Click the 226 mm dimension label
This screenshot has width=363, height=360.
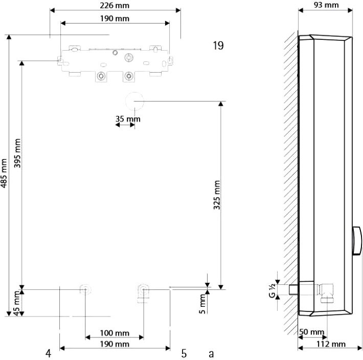pyautogui.click(x=115, y=6)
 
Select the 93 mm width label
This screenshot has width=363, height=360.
pyautogui.click(x=326, y=5)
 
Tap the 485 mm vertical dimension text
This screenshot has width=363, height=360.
pyautogui.click(x=4, y=173)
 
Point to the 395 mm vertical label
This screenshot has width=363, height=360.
pyautogui.click(x=17, y=153)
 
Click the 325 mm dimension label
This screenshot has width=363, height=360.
pyautogui.click(x=217, y=195)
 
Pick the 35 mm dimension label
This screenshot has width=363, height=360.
pyautogui.click(x=128, y=119)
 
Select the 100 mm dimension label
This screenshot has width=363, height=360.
pyautogui.click(x=115, y=333)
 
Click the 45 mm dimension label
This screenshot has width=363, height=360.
pyautogui.click(x=16, y=303)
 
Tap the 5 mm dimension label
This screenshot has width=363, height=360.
pyautogui.click(x=202, y=304)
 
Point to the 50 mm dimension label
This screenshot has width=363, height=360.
pyautogui.click(x=311, y=332)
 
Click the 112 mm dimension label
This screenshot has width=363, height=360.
pyautogui.click(x=331, y=344)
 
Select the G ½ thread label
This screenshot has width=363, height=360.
pyautogui.click(x=273, y=290)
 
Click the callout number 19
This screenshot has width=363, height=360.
pyautogui.click(x=218, y=46)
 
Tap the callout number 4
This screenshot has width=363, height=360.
pyautogui.click(x=48, y=353)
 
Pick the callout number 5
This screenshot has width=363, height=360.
pyautogui.click(x=184, y=353)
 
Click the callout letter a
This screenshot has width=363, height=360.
pyautogui.click(x=211, y=354)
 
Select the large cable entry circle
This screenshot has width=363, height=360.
pyautogui.click(x=135, y=101)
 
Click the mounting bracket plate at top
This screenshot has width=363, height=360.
pyautogui.click(x=115, y=64)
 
